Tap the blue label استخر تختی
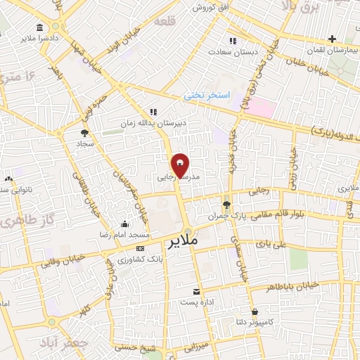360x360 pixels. coord(202,94)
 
